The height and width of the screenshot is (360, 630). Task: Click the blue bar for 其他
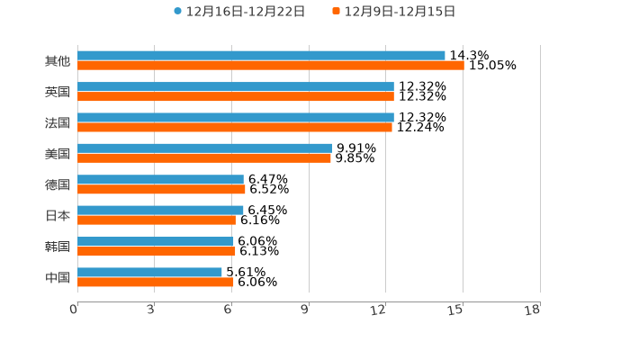261,56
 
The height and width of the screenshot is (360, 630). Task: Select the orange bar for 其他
270,66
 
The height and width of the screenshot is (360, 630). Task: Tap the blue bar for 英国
236,86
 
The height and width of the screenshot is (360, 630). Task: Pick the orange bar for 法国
235,127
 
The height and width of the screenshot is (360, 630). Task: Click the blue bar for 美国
204,148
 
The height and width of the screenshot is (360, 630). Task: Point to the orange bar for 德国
161,189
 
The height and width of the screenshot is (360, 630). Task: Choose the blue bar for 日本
160,210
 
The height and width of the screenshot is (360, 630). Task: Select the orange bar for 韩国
157,251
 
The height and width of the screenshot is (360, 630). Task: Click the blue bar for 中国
149,272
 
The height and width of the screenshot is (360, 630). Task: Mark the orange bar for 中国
156,282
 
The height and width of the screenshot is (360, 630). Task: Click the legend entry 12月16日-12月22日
239,12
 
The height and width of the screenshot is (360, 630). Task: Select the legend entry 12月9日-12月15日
393,12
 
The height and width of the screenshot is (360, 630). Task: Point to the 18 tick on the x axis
533,310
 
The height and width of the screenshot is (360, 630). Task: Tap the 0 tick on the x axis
74,310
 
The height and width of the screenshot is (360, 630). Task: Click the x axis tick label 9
306,310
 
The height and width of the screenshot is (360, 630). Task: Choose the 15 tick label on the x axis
455,310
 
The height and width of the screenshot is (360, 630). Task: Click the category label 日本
58,215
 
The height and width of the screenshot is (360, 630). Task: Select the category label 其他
58,61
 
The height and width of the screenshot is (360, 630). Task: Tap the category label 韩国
58,247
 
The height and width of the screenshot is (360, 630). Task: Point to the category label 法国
58,122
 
